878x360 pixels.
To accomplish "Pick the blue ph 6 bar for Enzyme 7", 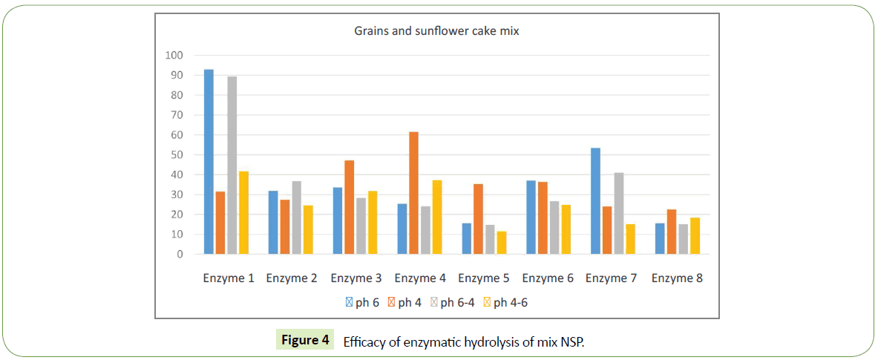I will [594, 201].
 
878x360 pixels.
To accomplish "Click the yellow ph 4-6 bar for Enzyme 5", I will [501, 243].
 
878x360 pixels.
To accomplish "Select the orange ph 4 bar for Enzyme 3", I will [349, 207].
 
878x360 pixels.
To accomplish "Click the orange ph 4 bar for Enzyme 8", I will [672, 232].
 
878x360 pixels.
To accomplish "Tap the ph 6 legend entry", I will [364, 302].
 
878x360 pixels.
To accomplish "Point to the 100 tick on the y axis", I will [174, 56].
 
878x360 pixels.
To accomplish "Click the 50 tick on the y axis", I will [176, 155].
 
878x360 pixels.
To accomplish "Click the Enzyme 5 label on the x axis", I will [484, 278].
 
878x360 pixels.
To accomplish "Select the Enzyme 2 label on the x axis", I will [292, 278].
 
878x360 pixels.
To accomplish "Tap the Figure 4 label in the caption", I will [305, 341].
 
